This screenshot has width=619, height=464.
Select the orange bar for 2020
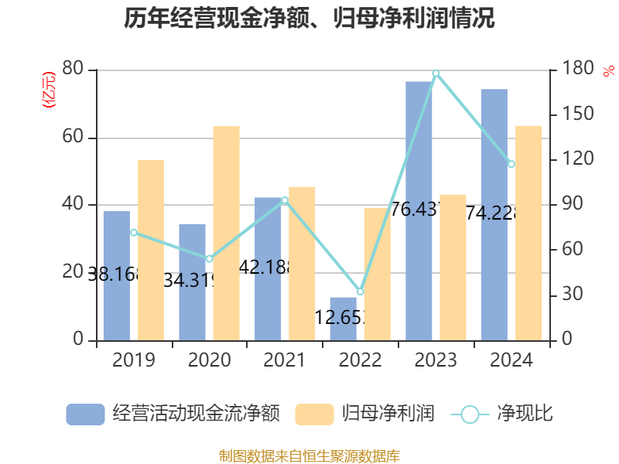(226, 233)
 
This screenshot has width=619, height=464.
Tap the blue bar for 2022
(344, 319)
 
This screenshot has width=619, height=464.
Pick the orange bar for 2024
(528, 233)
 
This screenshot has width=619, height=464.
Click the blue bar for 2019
(116, 275)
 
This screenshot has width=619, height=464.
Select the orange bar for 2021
(302, 263)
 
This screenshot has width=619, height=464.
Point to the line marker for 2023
(436, 73)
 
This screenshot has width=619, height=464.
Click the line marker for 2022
(360, 292)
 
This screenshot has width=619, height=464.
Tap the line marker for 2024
(511, 164)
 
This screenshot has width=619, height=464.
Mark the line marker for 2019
(133, 232)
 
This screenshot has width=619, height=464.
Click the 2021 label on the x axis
(285, 360)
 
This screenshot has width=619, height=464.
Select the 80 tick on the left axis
(74, 70)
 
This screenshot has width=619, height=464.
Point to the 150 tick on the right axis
(576, 114)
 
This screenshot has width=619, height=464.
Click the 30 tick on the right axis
(571, 295)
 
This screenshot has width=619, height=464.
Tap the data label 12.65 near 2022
(340, 317)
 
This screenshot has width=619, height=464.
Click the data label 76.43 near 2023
(416, 210)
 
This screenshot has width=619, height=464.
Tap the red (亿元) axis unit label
(49, 89)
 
